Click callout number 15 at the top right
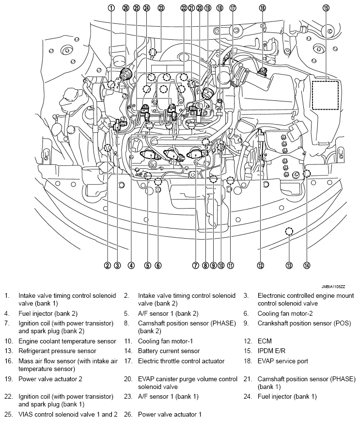[326, 8]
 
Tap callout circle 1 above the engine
[111, 8]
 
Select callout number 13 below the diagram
[289, 265]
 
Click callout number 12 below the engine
[261, 265]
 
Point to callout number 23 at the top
[161, 8]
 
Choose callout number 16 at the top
[262, 8]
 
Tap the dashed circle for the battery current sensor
[307, 174]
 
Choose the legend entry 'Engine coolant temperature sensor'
[67, 341]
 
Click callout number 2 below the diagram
[107, 265]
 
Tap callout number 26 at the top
[126, 8]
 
